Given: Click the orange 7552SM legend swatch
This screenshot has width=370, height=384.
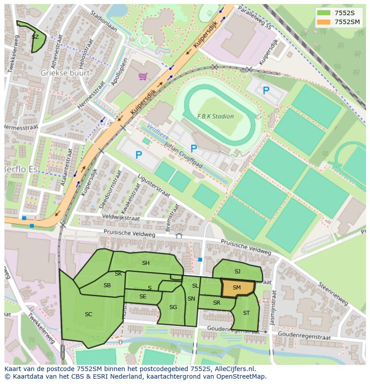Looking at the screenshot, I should coord(324,22).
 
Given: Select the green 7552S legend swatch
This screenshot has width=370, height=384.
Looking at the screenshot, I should coord(324,13).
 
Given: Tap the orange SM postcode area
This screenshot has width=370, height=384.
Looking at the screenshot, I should coord(237,288).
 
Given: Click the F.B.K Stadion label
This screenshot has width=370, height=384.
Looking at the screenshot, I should coord(215,116).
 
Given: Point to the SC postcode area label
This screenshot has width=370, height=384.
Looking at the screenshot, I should coord(88,314).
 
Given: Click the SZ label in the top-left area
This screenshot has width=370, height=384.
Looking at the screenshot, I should coord(35,37).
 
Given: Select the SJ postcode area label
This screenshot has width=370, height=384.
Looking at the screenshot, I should coord(237,272).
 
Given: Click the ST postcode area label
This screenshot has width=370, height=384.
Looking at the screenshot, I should coord(246,313).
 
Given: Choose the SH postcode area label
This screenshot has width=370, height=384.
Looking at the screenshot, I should coord(146,263).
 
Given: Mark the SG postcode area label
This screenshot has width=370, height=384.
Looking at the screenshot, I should coord(173,307).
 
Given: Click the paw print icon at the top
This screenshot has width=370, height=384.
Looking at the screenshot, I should coord(210,13).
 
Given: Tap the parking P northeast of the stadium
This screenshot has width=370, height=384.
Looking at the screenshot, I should coord(266,91).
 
